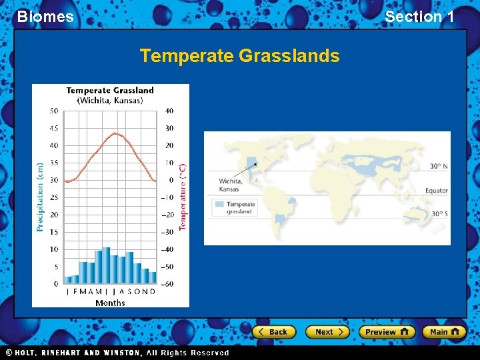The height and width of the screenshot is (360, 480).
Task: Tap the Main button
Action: [445, 331]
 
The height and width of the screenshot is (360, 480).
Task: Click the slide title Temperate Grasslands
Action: [239, 56]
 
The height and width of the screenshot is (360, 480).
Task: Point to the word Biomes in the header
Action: [45, 17]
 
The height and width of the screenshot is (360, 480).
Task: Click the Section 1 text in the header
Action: [419, 17]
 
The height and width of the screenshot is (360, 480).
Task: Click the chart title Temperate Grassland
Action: [110, 91]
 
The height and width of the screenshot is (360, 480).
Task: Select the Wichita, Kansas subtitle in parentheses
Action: [110, 101]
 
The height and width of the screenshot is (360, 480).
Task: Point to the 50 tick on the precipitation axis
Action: [53, 111]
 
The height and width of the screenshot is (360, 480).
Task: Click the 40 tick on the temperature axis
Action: [169, 111]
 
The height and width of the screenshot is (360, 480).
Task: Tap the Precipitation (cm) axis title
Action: [40, 197]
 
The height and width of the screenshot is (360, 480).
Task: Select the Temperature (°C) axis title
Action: [183, 197]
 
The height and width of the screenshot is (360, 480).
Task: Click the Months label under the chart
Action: [110, 303]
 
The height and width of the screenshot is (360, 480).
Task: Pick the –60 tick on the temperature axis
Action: [169, 284]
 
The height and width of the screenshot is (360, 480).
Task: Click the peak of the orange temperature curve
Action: [115, 133]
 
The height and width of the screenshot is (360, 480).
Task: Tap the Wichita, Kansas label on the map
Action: [231, 185]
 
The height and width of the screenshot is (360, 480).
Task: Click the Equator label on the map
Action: [437, 191]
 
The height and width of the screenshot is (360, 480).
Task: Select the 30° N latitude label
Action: [438, 166]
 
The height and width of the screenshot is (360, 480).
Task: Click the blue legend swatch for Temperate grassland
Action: [218, 205]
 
